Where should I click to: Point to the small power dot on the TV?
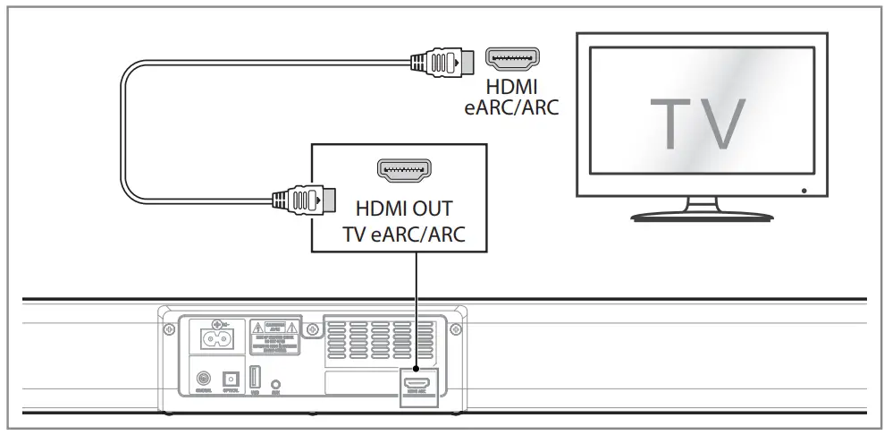tap(804, 190)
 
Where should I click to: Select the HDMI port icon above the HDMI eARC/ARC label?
tap(513, 60)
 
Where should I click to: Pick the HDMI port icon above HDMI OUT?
tap(405, 168)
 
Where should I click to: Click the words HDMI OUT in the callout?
tap(404, 209)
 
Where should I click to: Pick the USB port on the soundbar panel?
tap(256, 379)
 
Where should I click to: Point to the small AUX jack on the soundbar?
tap(278, 382)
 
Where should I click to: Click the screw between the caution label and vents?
tap(311, 329)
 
